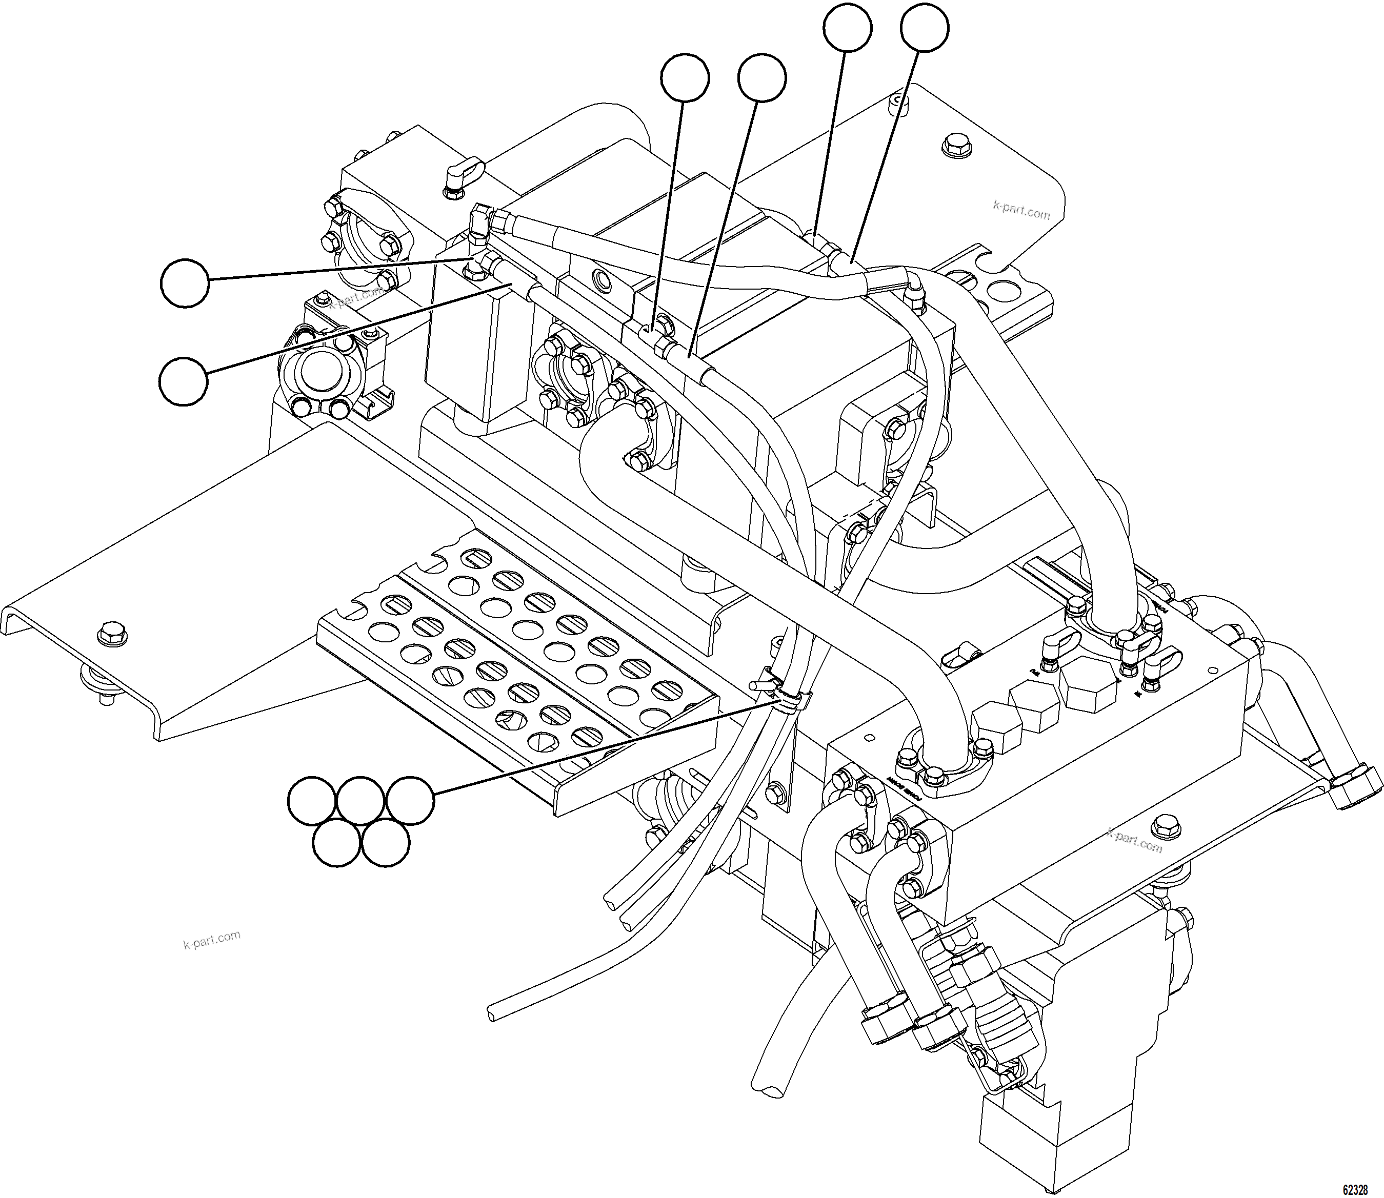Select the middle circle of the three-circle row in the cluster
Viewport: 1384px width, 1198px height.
(361, 801)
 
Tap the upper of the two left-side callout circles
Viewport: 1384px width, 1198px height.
(185, 283)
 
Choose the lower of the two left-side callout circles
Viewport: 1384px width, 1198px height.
(183, 381)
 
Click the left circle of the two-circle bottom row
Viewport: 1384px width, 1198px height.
(337, 843)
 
